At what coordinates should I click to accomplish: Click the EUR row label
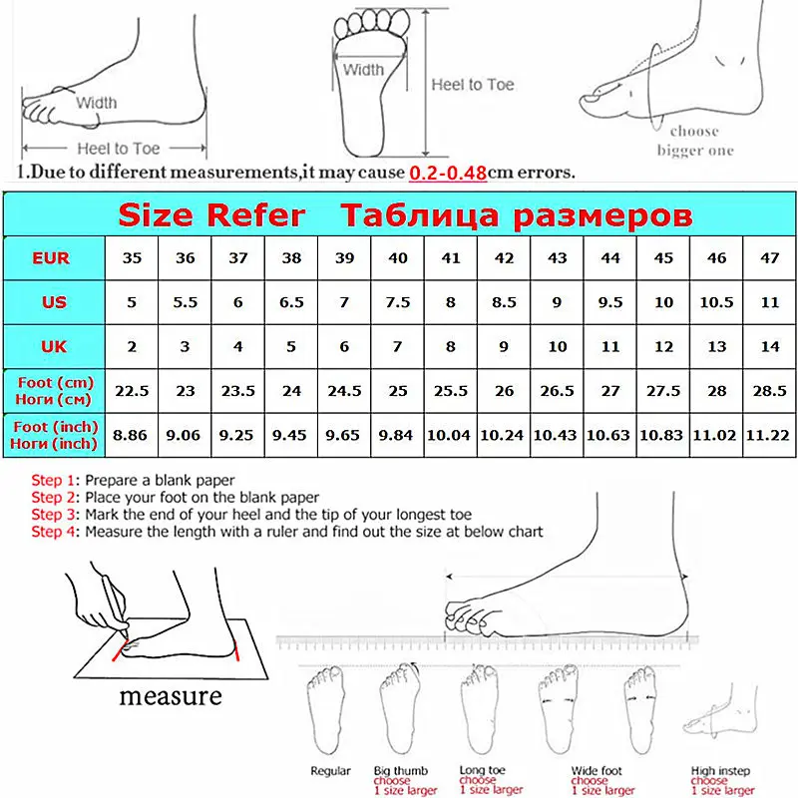[51, 258]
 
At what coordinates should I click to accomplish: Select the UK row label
[51, 346]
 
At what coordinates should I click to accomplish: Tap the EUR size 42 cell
[505, 258]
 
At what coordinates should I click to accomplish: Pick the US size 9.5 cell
[610, 302]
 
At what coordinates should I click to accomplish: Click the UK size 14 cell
[770, 346]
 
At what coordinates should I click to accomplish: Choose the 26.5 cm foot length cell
[558, 391]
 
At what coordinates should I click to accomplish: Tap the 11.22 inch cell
[770, 435]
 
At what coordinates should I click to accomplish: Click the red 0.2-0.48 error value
[447, 172]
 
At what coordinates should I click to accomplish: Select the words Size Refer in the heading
[211, 215]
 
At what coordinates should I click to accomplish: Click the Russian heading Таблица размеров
[516, 215]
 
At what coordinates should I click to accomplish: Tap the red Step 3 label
[54, 515]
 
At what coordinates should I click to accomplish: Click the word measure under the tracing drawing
[171, 695]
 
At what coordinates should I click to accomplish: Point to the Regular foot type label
[330, 771]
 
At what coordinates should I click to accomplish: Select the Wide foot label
[597, 771]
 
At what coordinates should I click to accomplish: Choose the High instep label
[716, 771]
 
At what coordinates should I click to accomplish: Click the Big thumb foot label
[400, 771]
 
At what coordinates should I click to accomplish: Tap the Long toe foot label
[482, 771]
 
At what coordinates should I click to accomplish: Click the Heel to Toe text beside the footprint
[473, 85]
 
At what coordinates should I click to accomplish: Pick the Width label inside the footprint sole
[363, 70]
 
